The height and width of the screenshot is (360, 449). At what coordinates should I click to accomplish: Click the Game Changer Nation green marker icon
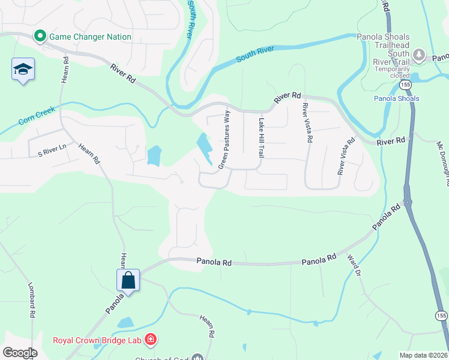coord(40,37)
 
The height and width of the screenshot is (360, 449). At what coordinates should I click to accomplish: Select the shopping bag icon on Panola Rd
coord(128,280)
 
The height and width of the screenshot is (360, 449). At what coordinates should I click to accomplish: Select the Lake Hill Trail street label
coord(261,137)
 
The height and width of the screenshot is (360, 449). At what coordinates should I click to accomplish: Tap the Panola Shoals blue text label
coord(396,98)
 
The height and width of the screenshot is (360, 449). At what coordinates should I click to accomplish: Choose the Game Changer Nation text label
coord(90,37)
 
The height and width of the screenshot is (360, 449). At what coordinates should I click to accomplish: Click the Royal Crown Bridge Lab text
coord(97,341)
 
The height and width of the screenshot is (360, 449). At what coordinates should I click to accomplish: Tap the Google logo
coord(20,353)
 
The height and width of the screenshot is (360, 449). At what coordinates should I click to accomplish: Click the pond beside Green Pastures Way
coord(203,147)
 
